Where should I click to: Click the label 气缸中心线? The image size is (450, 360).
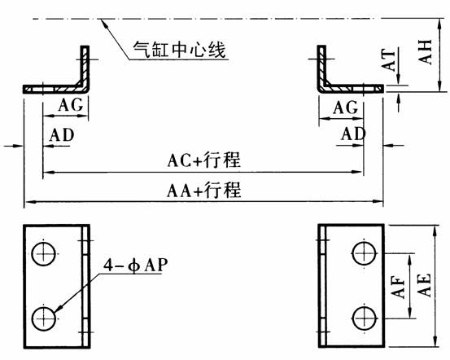[179, 50]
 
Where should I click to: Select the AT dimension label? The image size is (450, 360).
[387, 60]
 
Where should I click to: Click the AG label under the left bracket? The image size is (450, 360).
[71, 104]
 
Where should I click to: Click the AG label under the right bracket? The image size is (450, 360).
[346, 108]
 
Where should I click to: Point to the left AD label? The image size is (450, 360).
[62, 135]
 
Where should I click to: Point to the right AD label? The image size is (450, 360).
[353, 134]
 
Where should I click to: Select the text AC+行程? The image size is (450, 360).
[204, 160]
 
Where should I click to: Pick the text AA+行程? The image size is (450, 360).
[204, 190]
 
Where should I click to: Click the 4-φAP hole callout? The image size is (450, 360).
[135, 266]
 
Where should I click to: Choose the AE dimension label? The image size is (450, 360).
[424, 285]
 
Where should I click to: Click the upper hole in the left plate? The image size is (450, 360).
[44, 254]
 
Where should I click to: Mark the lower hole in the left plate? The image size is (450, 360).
[44, 318]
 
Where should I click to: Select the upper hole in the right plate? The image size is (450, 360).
[365, 253]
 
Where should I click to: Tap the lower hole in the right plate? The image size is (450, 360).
[365, 318]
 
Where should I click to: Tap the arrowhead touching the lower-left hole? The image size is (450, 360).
[59, 309]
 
